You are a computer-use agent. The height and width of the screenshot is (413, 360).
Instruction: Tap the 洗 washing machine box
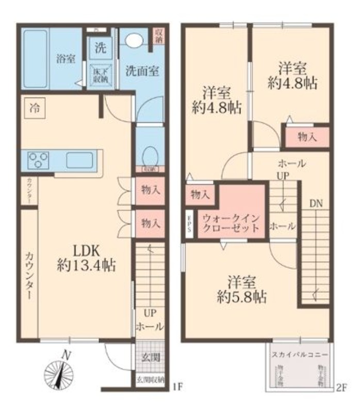100,48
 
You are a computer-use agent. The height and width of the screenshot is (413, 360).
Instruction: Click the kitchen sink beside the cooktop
79,161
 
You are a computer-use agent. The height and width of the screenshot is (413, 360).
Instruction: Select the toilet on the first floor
150,156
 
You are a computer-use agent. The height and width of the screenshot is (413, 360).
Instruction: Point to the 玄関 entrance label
150,356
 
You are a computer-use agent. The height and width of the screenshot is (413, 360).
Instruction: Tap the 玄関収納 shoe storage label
150,379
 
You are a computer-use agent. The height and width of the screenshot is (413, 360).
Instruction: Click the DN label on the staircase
316,203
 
